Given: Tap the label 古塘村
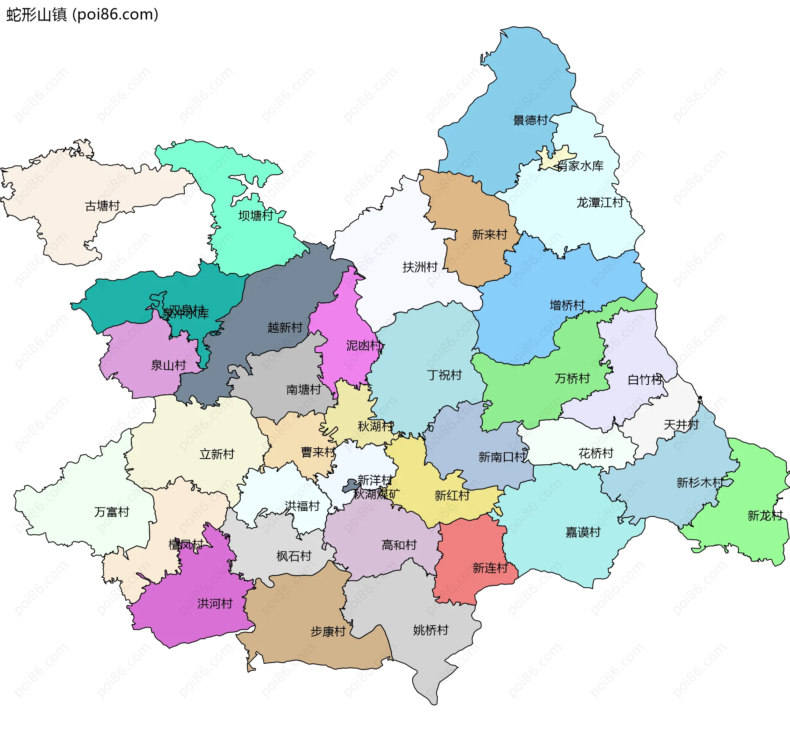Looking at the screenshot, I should (102, 206).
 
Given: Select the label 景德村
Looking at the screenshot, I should (530, 120).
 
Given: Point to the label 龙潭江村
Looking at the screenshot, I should (599, 203).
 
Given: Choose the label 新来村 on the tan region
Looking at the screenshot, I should (489, 235).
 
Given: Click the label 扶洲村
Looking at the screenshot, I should (420, 267).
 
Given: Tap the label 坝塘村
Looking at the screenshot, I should (256, 216).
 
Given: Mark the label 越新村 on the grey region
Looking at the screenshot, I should (285, 328).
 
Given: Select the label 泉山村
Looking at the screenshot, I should (168, 365).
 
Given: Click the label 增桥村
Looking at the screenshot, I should (567, 306).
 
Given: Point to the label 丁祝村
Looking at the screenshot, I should (444, 375).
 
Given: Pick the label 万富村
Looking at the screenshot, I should (112, 512).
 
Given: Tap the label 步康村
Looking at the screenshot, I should (328, 632).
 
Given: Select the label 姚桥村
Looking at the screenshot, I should (430, 630).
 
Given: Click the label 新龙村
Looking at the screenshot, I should (764, 516).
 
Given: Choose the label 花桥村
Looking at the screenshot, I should (595, 454).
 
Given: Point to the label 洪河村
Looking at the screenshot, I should (215, 604).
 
